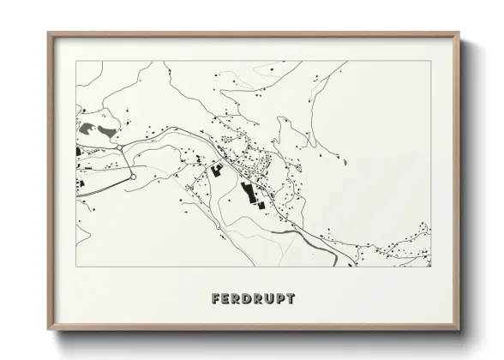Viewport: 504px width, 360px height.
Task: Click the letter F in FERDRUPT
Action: tap(216, 299)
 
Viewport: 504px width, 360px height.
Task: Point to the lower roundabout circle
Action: tap(133, 177)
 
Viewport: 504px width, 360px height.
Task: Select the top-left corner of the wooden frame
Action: tap(48, 33)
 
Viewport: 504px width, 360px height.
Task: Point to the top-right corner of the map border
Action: tap(430, 61)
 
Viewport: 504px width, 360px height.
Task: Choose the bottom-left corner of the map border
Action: tap(76, 267)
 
